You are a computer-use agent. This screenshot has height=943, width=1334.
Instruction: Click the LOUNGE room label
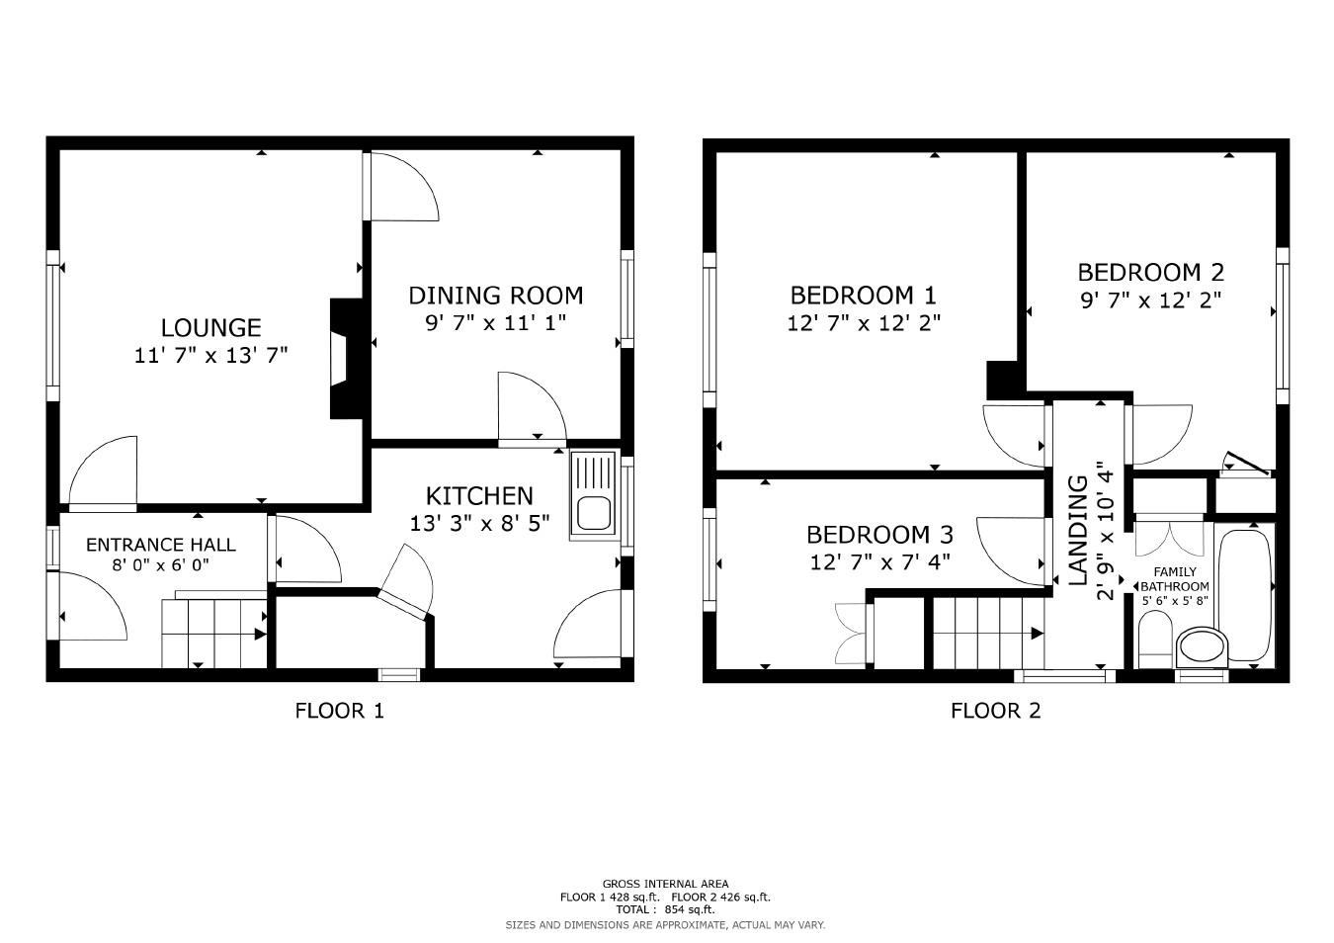point(210,327)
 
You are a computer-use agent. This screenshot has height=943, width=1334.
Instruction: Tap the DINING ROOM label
point(495,295)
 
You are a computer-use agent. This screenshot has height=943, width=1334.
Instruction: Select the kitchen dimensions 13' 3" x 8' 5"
point(479,523)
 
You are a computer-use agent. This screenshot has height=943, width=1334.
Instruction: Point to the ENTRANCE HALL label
point(160,545)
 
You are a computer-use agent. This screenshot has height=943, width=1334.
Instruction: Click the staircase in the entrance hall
point(214,633)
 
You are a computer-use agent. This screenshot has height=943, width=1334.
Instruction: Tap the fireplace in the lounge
point(342,361)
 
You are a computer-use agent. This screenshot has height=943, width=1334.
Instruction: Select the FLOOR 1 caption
point(339,710)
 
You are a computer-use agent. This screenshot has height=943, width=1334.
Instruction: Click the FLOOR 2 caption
point(995,710)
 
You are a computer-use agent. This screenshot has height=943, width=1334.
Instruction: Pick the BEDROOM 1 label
point(863,295)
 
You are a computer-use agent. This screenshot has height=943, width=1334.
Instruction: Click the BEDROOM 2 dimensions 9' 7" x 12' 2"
point(1149,300)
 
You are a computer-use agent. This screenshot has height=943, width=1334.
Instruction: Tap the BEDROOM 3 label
point(879,535)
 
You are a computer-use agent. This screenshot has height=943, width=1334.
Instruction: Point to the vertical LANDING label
point(1078,529)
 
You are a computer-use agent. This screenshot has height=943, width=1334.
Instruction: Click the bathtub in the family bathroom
point(1244,595)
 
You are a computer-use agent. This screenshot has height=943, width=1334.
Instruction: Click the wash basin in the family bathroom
point(1201,646)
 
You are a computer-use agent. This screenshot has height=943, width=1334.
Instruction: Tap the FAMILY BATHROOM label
point(1175,578)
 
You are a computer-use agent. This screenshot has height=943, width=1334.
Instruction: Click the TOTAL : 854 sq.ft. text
point(665,909)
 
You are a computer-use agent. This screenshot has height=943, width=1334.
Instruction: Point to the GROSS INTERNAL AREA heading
point(665,884)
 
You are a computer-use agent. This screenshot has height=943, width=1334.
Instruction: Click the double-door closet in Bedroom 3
point(852,633)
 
